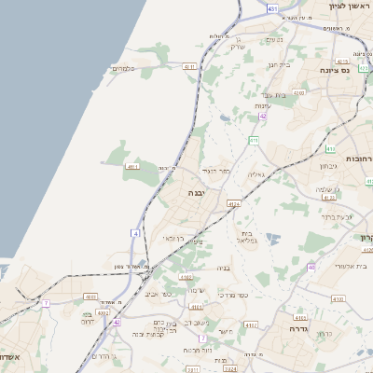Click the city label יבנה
tap(196, 192)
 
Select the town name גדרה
tap(298, 329)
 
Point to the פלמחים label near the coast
tap(124, 68)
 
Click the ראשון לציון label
tap(350, 6)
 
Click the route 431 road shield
tap(271, 8)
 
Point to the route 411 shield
tap(253, 140)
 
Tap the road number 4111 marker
tap(132, 166)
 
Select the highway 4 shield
tap(136, 232)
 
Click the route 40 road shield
tap(311, 267)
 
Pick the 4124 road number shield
tap(233, 202)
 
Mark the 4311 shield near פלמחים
tap(188, 67)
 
